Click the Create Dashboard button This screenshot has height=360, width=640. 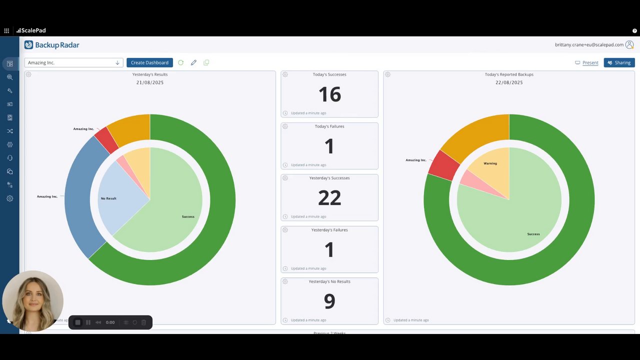coord(149,62)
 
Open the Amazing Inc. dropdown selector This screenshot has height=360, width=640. coord(73,62)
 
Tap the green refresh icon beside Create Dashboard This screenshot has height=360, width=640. coord(180,62)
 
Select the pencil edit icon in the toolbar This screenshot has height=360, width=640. coord(193,62)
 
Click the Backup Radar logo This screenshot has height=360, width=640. coord(52,45)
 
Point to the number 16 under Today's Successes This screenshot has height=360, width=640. coord(329,94)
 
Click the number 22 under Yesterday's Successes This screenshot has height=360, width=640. coord(329,198)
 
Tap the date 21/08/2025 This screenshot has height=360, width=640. coord(150,82)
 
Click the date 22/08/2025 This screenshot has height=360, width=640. coord(509,82)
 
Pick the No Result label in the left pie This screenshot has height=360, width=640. coord(108,198)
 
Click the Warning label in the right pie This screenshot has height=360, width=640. coord(490,163)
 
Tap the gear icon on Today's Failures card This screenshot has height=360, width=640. coord(285,126)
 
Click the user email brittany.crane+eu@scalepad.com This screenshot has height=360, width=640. coord(589,45)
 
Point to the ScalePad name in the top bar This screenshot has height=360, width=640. coord(33,30)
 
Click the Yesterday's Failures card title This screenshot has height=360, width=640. coord(329,230)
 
